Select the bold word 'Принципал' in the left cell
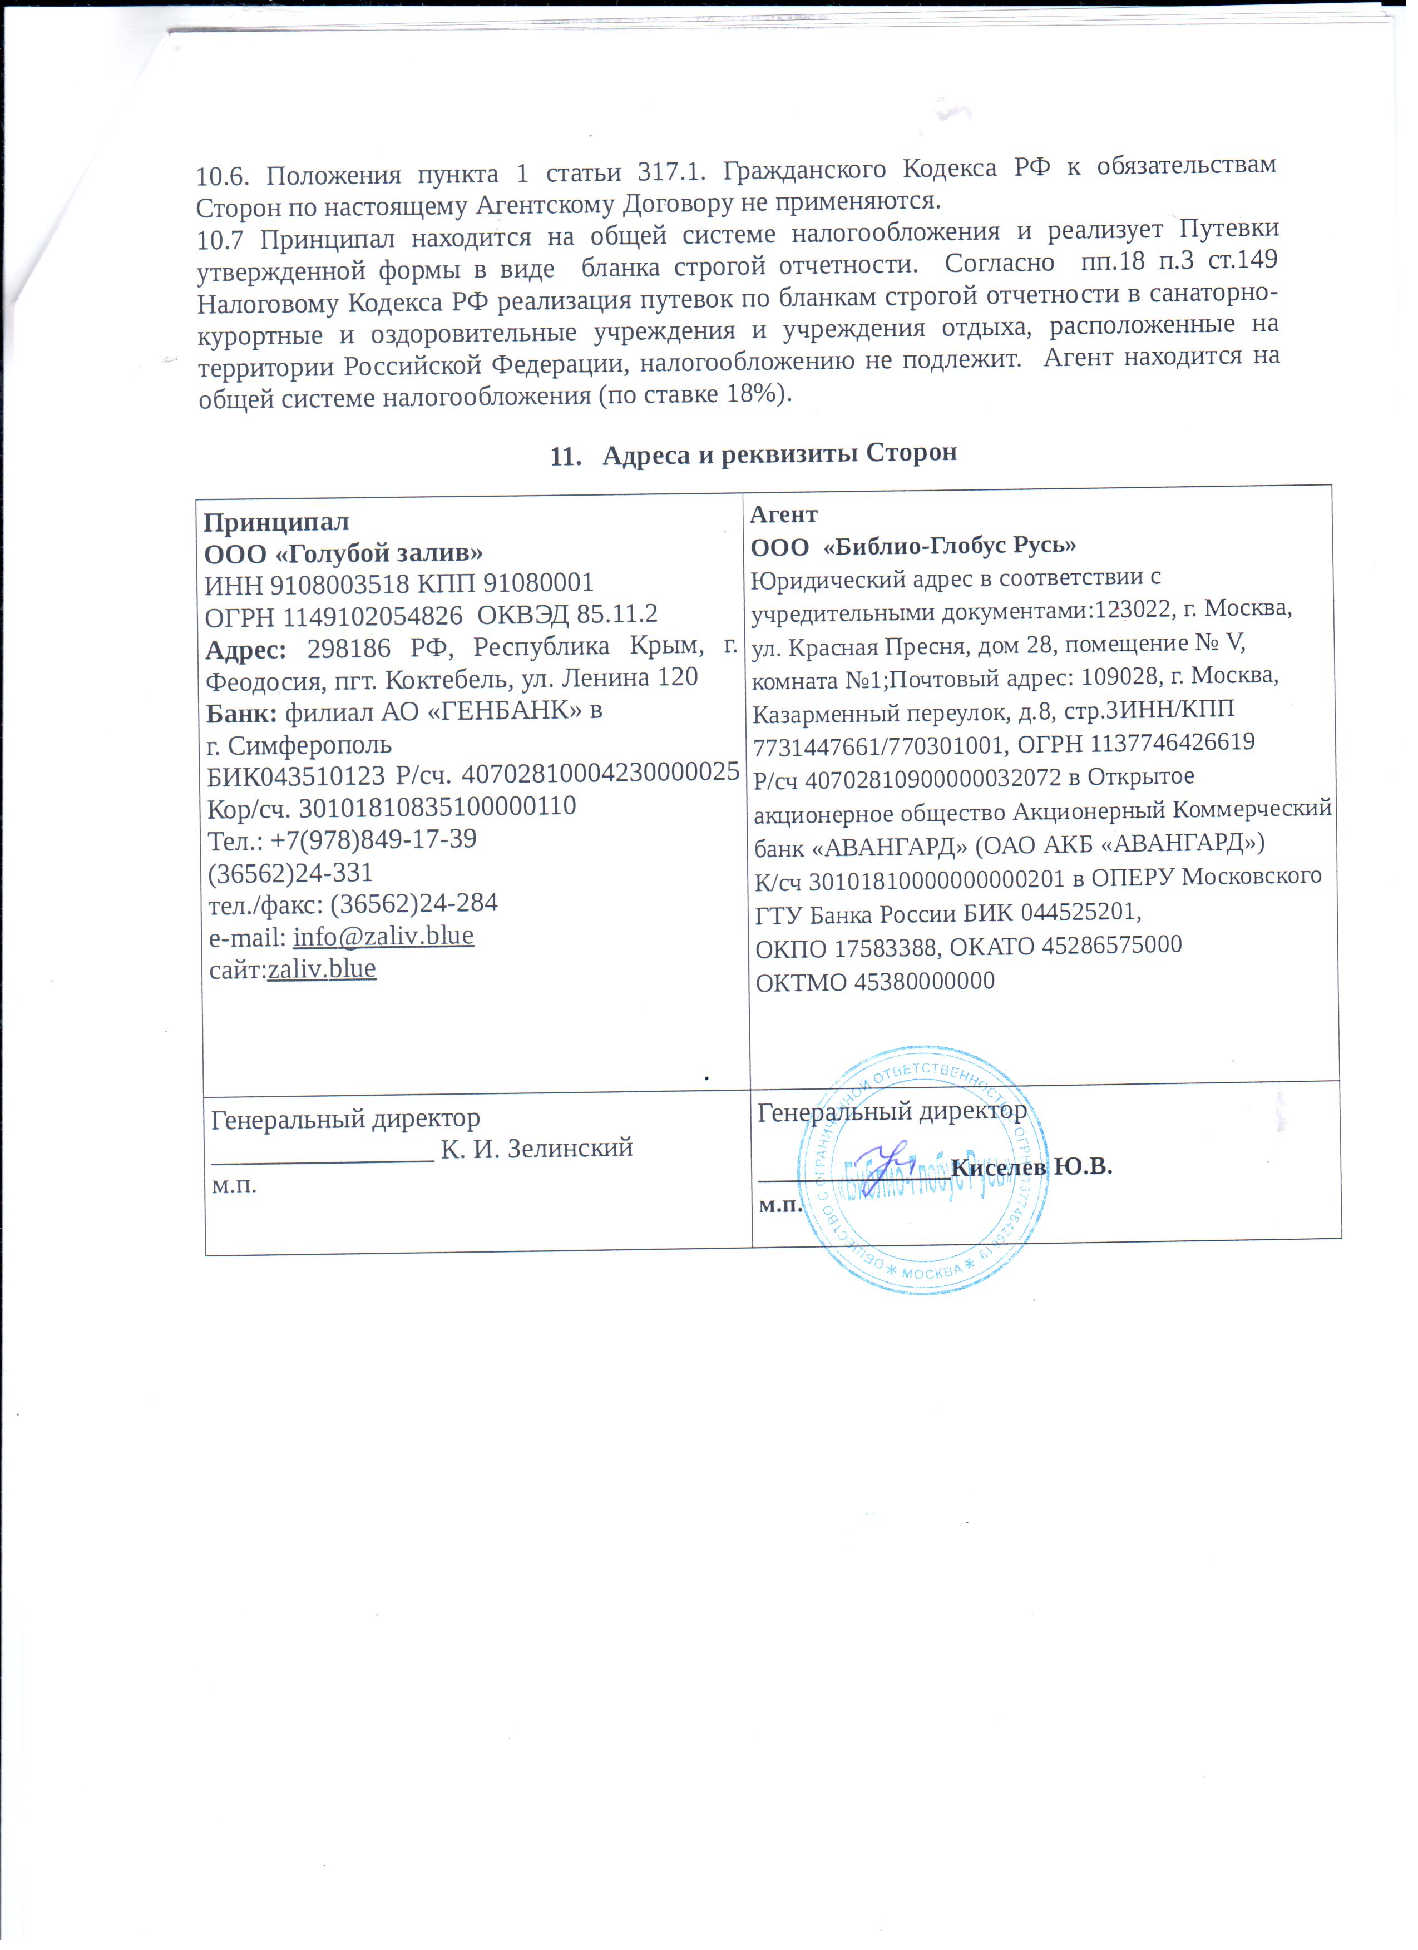(276, 522)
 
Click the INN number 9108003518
(340, 584)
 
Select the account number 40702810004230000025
(600, 772)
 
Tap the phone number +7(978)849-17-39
(373, 839)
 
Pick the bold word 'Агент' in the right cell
(783, 514)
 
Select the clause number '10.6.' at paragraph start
(222, 177)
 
